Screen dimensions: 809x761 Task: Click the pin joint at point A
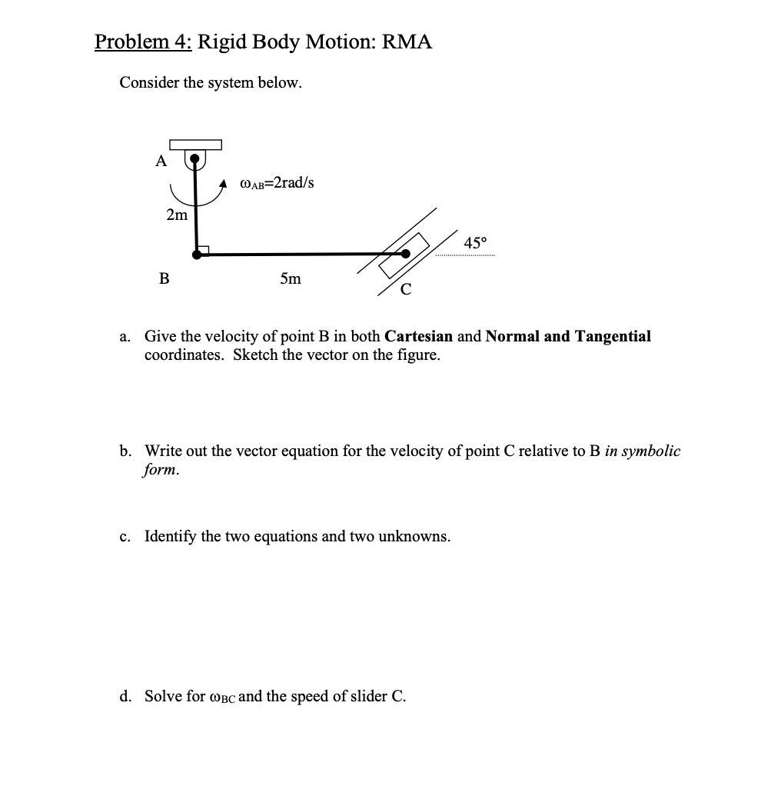point(196,160)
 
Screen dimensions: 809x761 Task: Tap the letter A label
point(161,161)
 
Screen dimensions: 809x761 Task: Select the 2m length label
point(177,215)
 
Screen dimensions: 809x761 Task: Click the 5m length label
point(291,278)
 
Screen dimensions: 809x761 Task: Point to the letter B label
point(163,278)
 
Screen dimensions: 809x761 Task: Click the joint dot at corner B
point(198,252)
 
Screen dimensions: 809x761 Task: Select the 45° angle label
point(476,243)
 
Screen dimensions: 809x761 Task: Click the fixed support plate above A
point(195,145)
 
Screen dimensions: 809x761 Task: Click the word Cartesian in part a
point(418,336)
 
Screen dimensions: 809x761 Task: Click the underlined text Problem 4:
point(143,42)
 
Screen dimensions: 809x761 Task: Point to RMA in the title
point(407,42)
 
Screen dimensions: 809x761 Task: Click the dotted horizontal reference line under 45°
point(465,255)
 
